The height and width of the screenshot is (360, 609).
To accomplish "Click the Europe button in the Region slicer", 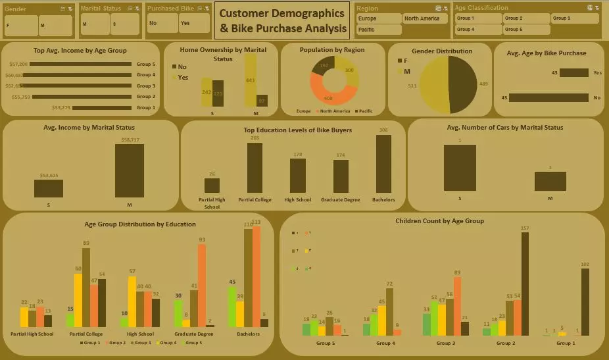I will pyautogui.click(x=378, y=18).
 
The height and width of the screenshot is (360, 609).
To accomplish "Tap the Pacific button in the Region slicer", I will pyautogui.click(x=378, y=30).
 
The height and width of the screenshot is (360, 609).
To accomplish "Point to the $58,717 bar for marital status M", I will pyautogui.click(x=129, y=170).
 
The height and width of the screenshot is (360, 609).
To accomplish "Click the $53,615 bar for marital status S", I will pyautogui.click(x=49, y=188).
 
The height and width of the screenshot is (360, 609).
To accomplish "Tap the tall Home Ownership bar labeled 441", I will pyautogui.click(x=251, y=80).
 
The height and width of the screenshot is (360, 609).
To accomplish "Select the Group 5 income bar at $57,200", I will pyautogui.click(x=80, y=64).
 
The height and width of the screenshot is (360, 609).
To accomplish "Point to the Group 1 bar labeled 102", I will pyautogui.click(x=585, y=302).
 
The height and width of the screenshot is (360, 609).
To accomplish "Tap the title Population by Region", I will pyautogui.click(x=331, y=50).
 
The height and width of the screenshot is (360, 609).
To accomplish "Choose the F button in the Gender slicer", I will pyautogui.click(x=21, y=26).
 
